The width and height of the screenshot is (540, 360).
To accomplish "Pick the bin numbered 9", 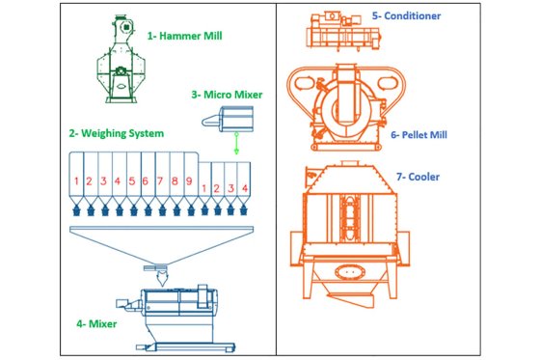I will pos(189,180).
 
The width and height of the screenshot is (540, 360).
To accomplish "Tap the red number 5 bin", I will pos(131,180).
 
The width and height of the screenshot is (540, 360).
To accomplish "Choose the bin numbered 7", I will pos(160,180).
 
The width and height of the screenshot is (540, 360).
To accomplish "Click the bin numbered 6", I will pos(145,180).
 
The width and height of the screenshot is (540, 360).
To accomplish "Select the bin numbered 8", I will pos(175,180).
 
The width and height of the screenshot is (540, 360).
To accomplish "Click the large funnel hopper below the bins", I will pos(160,242).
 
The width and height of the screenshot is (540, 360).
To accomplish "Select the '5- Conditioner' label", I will pos(407,16).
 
